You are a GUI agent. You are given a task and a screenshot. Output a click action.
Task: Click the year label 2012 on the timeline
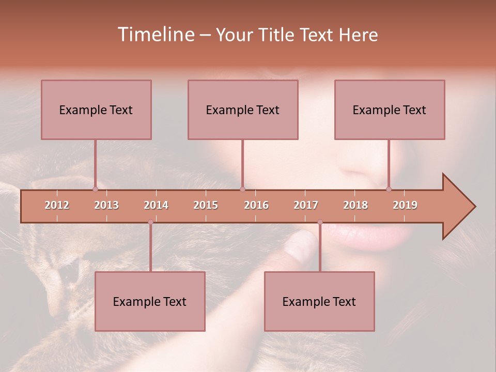pyautogui.click(x=57, y=205)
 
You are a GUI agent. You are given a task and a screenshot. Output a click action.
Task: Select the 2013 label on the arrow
pyautogui.click(x=106, y=205)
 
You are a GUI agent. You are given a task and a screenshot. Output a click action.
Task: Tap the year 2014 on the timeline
pyautogui.click(x=156, y=205)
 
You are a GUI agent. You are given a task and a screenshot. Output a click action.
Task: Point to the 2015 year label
pyautogui.click(x=206, y=205)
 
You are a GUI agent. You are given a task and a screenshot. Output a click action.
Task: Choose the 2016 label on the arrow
pyautogui.click(x=256, y=205)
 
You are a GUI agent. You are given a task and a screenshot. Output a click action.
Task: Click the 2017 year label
pyautogui.click(x=306, y=205)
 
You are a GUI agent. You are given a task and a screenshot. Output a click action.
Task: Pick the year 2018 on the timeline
pyautogui.click(x=355, y=205)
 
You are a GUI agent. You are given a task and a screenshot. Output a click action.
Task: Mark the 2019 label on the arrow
pyautogui.click(x=405, y=205)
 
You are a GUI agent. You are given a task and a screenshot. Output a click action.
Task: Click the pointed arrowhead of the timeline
pyautogui.click(x=460, y=207)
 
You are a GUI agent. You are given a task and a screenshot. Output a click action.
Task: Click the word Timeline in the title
pyautogui.click(x=156, y=35)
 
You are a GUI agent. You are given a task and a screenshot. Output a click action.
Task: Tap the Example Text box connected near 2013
pyautogui.click(x=96, y=110)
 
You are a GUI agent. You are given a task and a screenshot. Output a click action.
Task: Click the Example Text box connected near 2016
pyautogui.click(x=243, y=110)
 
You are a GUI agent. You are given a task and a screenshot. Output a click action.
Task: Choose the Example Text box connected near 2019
pyautogui.click(x=390, y=110)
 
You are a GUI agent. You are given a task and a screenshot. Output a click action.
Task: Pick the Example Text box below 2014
pyautogui.click(x=150, y=301)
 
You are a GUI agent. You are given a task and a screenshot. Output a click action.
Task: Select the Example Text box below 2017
pyautogui.click(x=319, y=301)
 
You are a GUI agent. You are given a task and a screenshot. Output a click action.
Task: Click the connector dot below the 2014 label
pyautogui.click(x=150, y=222)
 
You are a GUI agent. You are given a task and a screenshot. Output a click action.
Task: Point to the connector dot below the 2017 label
pyautogui.click(x=320, y=222)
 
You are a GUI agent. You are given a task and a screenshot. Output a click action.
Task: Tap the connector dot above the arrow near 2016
pyautogui.click(x=242, y=189)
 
